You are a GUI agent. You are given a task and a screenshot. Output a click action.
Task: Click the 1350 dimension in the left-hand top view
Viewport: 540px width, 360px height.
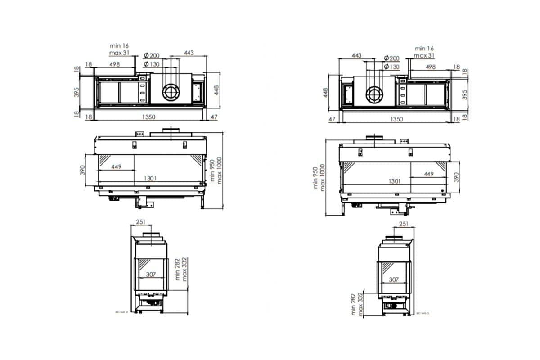(148, 117)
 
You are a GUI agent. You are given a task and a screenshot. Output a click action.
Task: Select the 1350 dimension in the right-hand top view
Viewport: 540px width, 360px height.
(396, 119)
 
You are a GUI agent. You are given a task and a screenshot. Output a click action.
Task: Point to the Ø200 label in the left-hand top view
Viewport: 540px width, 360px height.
(152, 55)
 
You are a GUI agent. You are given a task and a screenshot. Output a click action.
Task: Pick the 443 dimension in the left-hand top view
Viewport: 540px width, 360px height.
(189, 53)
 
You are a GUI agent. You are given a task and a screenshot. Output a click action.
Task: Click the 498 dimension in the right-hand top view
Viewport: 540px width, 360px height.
(430, 67)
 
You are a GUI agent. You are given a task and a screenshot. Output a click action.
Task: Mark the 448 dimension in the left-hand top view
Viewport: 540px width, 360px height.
(216, 90)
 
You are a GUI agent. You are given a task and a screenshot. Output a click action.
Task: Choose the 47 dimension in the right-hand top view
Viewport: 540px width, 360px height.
(333, 119)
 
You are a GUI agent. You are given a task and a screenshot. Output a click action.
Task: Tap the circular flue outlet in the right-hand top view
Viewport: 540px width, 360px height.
(373, 94)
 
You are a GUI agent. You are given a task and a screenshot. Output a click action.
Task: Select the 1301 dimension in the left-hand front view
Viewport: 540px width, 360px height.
(150, 178)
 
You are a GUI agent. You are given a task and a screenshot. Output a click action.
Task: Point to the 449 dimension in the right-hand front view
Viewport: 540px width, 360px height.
(428, 174)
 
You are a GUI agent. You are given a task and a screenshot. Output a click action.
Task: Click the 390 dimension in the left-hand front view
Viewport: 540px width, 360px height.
(82, 169)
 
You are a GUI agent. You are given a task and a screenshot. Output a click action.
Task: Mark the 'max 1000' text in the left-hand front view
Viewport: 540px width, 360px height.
(220, 170)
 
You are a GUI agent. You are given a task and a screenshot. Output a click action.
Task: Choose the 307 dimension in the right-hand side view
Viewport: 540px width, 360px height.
(393, 279)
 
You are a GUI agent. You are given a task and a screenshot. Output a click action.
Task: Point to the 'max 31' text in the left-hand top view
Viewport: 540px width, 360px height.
(120, 53)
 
